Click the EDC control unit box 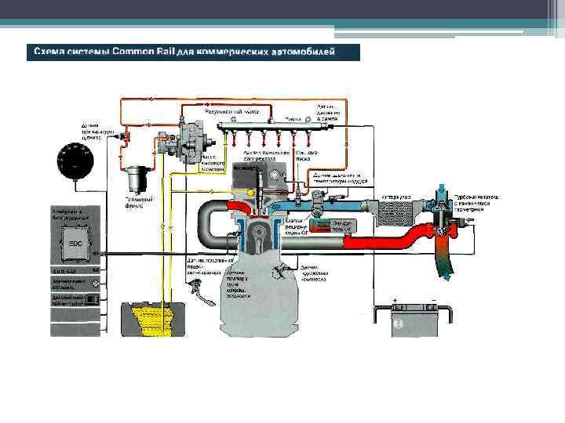point(76,244)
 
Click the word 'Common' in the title point(137,52)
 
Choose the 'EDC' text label point(76,243)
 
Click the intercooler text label point(393,195)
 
